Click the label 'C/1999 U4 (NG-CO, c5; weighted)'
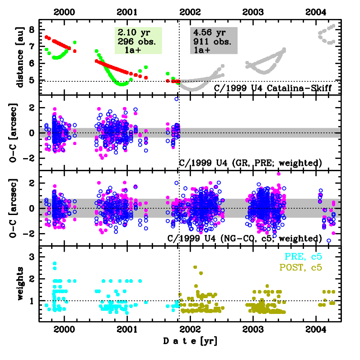(x=245, y=238)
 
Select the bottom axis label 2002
(x=190, y=328)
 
